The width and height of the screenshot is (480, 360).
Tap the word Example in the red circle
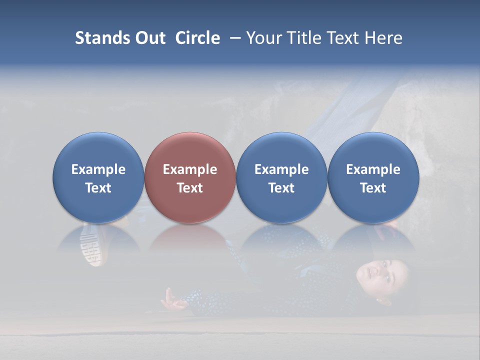tap(190, 169)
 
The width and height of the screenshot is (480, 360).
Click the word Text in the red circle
tap(190, 188)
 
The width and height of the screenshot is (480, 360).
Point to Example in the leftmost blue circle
tap(98, 169)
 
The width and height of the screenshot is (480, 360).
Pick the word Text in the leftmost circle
tap(98, 188)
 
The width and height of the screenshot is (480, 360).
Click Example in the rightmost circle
tap(373, 169)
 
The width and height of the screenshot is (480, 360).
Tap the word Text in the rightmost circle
tap(373, 188)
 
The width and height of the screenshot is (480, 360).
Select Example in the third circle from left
tap(281, 169)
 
